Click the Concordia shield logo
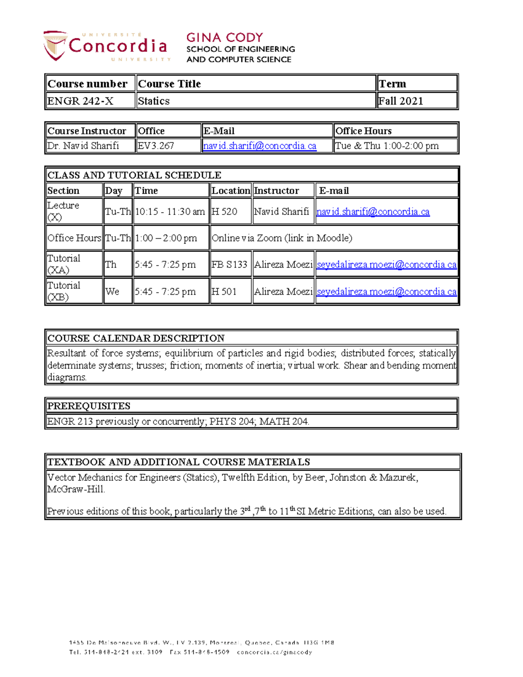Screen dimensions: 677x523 (55, 45)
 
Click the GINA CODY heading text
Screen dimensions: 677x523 (224, 37)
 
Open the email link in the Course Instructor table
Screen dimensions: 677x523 (260, 146)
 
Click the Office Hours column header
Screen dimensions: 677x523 (363, 131)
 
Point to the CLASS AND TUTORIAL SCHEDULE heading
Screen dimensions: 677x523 (134, 175)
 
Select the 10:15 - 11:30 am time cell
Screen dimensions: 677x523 (170, 212)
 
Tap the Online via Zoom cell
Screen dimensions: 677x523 (282, 238)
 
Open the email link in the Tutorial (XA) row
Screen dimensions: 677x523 (386, 265)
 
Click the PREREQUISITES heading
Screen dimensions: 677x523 (89, 406)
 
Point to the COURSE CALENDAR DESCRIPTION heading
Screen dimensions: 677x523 (136, 338)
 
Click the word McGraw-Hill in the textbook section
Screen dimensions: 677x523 (76, 489)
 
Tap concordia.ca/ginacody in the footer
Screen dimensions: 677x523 (275, 652)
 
